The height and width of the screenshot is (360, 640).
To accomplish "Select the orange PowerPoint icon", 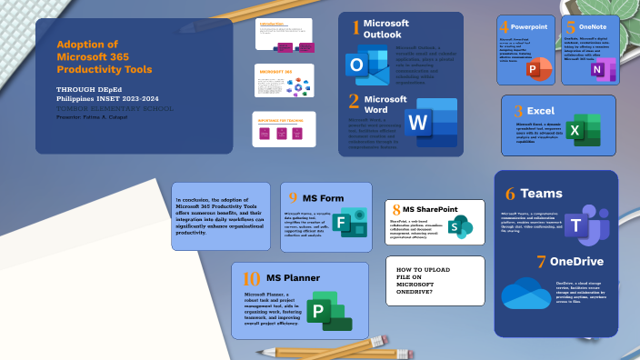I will coord(539,67).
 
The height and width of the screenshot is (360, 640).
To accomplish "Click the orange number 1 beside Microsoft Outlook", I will coord(355,28).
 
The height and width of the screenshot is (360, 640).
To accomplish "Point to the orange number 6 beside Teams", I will coord(510,194).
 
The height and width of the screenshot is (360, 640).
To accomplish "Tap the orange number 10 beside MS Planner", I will coord(252,278).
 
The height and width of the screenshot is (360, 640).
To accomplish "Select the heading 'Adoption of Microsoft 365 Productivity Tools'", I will coord(104,56).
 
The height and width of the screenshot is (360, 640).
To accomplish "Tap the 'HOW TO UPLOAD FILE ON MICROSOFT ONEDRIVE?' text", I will coord(422,278).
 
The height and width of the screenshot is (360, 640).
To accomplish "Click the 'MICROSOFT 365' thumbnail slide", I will coord(284,81).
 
